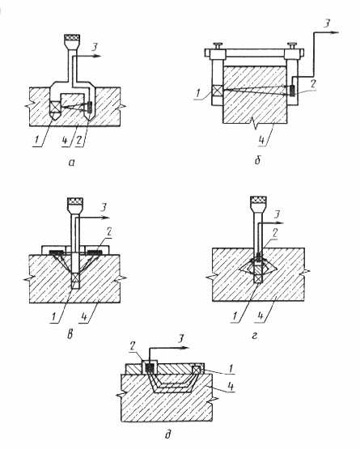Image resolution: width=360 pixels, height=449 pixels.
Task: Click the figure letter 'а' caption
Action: pyautogui.click(x=72, y=163)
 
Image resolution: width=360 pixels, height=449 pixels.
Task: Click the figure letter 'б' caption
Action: pyautogui.click(x=257, y=160)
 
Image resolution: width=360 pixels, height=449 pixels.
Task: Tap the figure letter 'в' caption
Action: pyautogui.click(x=70, y=334)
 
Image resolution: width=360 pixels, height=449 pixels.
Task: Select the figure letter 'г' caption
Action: pyautogui.click(x=255, y=335)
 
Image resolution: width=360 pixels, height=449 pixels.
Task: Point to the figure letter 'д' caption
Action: pyautogui.click(x=168, y=434)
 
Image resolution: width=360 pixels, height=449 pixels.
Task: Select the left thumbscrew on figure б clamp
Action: pyautogui.click(x=218, y=45)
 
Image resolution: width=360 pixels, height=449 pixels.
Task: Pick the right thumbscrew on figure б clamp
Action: pyautogui.click(x=293, y=45)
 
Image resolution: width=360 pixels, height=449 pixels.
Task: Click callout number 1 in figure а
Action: pyautogui.click(x=36, y=140)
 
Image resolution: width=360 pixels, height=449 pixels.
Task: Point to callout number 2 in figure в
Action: pyautogui.click(x=108, y=233)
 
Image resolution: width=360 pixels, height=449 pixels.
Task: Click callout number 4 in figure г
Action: pyautogui.click(x=260, y=316)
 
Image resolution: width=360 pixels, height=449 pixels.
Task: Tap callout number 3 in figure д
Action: pyautogui.click(x=180, y=339)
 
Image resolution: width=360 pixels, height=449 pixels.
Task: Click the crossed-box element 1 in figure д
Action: pyautogui.click(x=197, y=370)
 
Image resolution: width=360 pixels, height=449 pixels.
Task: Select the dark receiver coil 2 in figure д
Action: pyautogui.click(x=149, y=367)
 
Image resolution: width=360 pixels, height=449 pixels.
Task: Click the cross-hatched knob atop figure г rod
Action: pyautogui.click(x=259, y=200)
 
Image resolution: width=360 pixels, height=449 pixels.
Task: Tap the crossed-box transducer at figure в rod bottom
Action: pyautogui.click(x=75, y=277)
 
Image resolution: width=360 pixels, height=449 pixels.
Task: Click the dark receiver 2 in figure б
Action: pyautogui.click(x=292, y=91)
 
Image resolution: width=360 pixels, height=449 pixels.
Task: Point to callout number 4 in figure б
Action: pyautogui.click(x=261, y=140)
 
